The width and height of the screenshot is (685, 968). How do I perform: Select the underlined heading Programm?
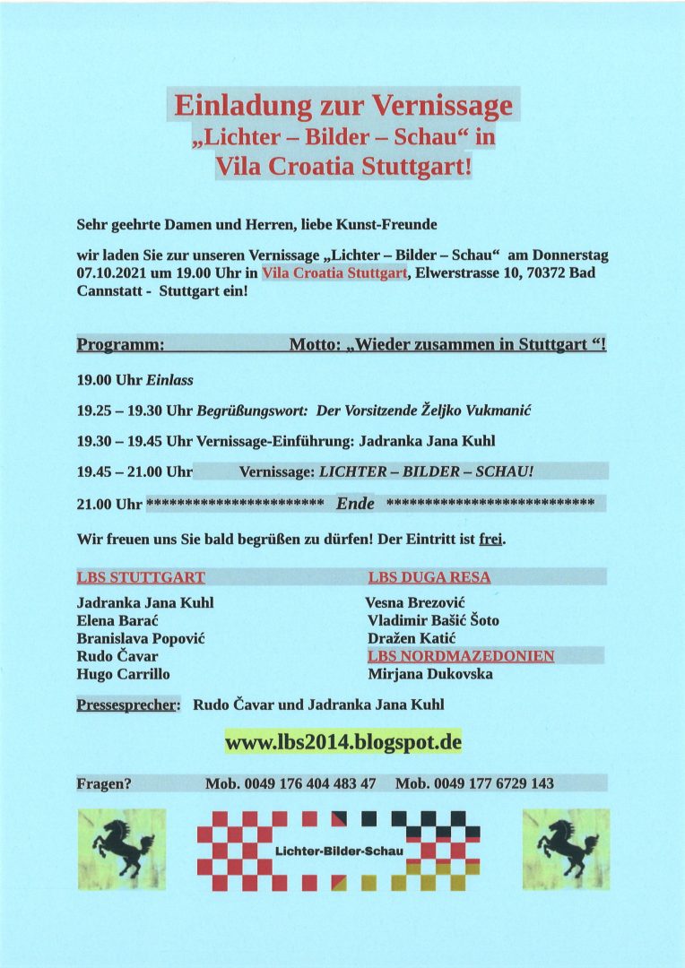[121, 344]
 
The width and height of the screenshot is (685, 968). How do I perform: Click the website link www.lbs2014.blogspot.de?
[342, 743]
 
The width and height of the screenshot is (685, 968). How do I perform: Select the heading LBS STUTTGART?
[141, 578]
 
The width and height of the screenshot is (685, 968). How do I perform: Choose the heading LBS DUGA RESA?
[429, 578]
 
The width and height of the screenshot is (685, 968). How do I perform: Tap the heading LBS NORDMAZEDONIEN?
[461, 656]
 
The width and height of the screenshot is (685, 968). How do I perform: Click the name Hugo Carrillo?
[123, 674]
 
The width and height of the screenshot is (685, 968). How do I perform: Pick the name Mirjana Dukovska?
[429, 674]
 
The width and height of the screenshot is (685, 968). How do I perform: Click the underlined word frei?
[492, 540]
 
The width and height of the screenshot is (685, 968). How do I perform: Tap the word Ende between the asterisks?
[355, 504]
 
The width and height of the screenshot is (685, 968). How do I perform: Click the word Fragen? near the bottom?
[105, 783]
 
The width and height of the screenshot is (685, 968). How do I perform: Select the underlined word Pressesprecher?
[128, 704]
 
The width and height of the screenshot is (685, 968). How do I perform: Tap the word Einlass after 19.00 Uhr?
[170, 380]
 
